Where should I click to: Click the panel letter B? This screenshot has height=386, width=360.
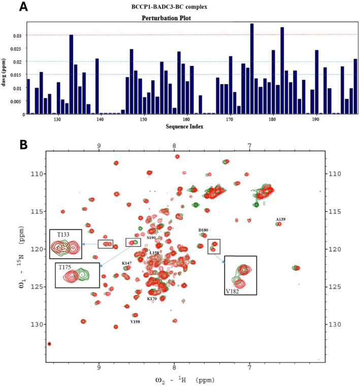9,144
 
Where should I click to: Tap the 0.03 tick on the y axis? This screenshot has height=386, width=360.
16,35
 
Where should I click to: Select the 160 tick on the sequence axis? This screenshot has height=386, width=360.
186,120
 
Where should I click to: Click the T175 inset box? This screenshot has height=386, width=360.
76,274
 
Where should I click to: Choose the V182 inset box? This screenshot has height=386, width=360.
240,275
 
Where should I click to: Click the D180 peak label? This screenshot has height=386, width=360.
203,230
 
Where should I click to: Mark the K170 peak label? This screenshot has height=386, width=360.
152,299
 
